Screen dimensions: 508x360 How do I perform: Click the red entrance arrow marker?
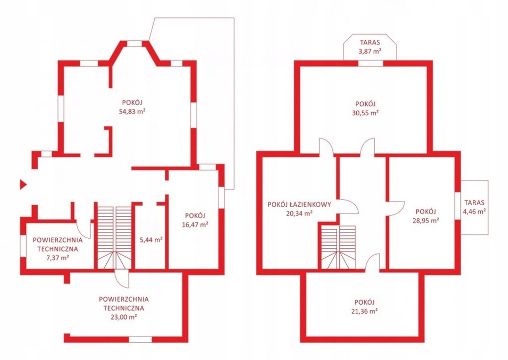pos(23,185)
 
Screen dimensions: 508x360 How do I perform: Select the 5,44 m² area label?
pos(151,240)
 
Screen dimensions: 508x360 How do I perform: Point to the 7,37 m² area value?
pos(58,258)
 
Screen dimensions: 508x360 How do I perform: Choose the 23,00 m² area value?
pos(124,317)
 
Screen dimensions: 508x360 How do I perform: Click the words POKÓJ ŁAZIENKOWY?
pos(299,205)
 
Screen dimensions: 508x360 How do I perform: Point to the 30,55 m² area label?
pos(366,113)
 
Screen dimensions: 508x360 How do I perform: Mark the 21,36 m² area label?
pos(365,311)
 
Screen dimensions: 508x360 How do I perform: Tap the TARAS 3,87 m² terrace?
pos(370,47)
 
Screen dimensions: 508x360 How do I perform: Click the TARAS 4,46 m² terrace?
pos(475,207)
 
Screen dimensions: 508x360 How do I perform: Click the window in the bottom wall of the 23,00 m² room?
pos(140,339)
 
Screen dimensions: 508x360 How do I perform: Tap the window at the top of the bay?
pos(134,44)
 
